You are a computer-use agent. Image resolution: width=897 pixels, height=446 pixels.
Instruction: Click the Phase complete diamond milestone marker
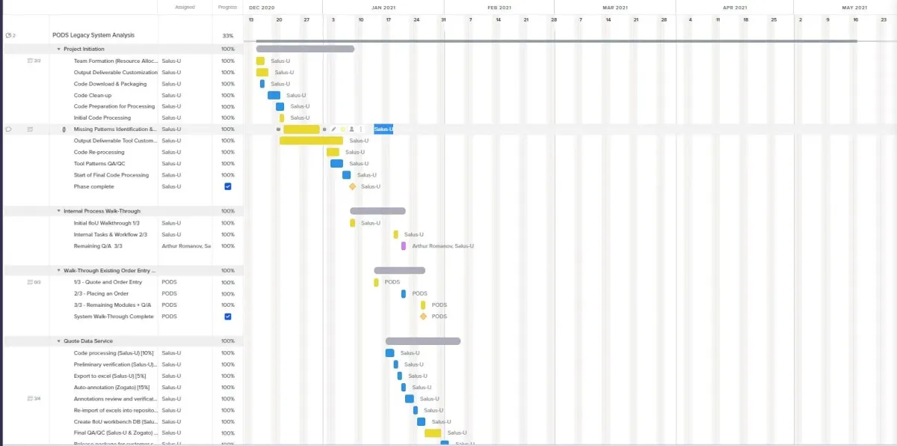point(353,186)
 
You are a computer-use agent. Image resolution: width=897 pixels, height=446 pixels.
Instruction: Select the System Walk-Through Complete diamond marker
point(423,317)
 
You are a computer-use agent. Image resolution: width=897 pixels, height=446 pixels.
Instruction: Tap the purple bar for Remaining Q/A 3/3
point(404,245)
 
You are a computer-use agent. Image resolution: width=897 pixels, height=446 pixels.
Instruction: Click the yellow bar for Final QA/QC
point(433,433)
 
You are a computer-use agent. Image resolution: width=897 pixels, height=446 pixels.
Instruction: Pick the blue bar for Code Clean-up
point(274,95)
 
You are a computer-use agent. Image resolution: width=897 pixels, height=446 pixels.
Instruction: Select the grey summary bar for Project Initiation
point(305,49)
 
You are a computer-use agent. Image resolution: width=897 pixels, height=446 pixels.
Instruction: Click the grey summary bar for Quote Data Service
point(422,341)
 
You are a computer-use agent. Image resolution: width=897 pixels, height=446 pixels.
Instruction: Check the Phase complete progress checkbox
point(228,186)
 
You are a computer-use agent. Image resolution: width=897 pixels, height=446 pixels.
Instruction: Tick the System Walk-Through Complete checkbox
point(228,317)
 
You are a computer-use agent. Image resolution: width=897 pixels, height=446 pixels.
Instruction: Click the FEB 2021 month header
point(499,7)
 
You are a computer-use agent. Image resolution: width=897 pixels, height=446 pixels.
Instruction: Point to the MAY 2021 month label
point(854,7)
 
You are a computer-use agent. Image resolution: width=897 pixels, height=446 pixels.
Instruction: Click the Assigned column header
point(185,7)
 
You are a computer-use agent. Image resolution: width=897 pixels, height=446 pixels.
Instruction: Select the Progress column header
point(228,7)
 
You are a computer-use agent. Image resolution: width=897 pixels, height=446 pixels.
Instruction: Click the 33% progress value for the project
point(228,35)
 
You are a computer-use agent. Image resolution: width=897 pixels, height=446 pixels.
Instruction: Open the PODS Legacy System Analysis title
point(93,35)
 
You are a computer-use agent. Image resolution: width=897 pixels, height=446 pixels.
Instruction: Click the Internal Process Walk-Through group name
point(102,211)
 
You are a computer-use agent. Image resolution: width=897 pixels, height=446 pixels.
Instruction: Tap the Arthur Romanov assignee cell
point(185,245)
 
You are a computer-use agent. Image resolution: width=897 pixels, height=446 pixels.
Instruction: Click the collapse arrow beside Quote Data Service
point(59,341)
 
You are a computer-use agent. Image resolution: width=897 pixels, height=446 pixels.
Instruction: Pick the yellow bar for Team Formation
point(260,61)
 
